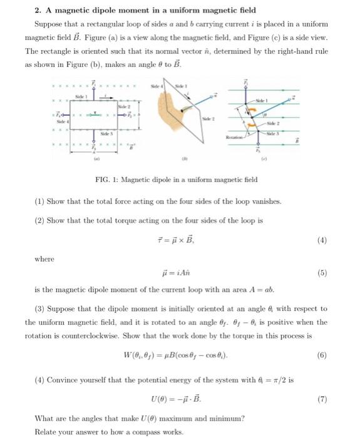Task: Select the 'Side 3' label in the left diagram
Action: pos(109,134)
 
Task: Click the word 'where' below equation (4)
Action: pos(44,258)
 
